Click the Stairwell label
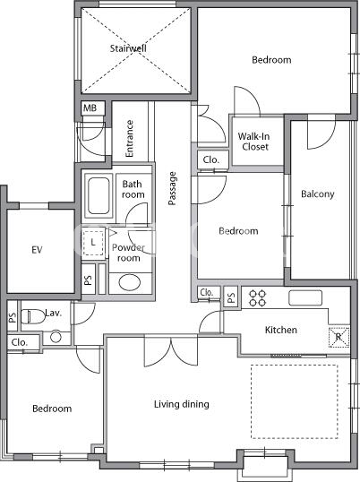(128, 48)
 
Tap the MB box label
(90, 108)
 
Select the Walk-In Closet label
(254, 142)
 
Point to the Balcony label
(318, 194)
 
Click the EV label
(37, 250)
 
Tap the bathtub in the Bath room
(99, 196)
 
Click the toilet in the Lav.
(33, 316)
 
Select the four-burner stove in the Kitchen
(257, 298)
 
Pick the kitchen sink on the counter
(305, 297)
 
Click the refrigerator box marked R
(339, 337)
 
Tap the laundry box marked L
(93, 243)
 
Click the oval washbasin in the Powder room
(130, 282)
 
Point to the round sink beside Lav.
(56, 337)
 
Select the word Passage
(172, 188)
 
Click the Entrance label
(130, 138)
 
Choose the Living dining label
(182, 404)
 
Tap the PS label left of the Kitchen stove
(231, 297)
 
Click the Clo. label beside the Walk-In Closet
(211, 159)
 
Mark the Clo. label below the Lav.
(20, 342)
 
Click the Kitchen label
(281, 331)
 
